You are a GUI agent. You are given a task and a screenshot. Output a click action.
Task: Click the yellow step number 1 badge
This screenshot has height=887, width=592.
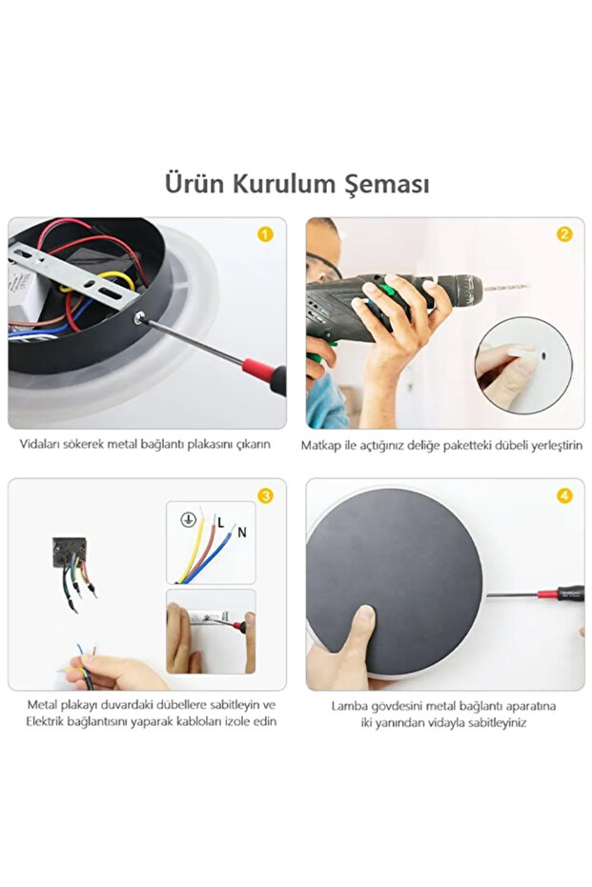pos(265,234)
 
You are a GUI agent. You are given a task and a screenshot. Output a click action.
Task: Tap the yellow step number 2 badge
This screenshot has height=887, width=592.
pos(564,234)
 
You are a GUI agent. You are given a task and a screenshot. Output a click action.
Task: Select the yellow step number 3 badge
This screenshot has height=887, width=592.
pos(265,496)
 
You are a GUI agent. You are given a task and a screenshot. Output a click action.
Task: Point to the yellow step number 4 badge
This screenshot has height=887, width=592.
pos(564,496)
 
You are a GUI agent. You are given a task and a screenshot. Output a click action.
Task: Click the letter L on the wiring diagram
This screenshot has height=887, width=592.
pos(221,523)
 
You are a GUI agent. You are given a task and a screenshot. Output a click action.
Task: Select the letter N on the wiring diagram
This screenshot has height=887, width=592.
pos(242,533)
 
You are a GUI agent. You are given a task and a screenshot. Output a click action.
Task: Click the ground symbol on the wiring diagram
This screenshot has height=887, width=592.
pos(188,519)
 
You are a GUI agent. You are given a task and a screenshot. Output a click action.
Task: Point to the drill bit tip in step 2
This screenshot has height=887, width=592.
pos(528,286)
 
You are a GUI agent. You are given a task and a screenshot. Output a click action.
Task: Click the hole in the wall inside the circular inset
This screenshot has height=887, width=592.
pos(542,356)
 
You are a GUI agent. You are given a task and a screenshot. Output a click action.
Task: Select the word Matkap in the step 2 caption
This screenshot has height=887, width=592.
pos(320,446)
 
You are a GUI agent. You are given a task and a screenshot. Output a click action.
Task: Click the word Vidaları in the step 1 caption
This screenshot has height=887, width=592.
pos(40,444)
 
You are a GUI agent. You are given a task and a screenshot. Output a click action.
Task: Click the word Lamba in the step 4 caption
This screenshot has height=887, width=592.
pos(349,706)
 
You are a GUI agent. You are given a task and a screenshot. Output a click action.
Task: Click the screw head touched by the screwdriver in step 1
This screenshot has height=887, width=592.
pos(139,318)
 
